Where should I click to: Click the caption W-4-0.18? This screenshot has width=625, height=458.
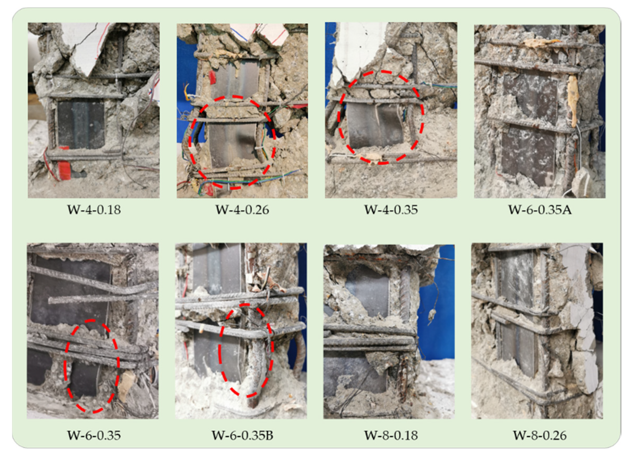[x=94, y=210]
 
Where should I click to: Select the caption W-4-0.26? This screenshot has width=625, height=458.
[x=242, y=210]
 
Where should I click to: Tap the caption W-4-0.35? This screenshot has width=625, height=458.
[x=391, y=210]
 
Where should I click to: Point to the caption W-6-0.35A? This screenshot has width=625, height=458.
[x=539, y=210]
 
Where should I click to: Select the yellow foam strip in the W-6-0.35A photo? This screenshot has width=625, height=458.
[x=573, y=101]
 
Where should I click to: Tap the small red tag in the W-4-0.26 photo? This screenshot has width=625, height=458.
[x=212, y=77]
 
